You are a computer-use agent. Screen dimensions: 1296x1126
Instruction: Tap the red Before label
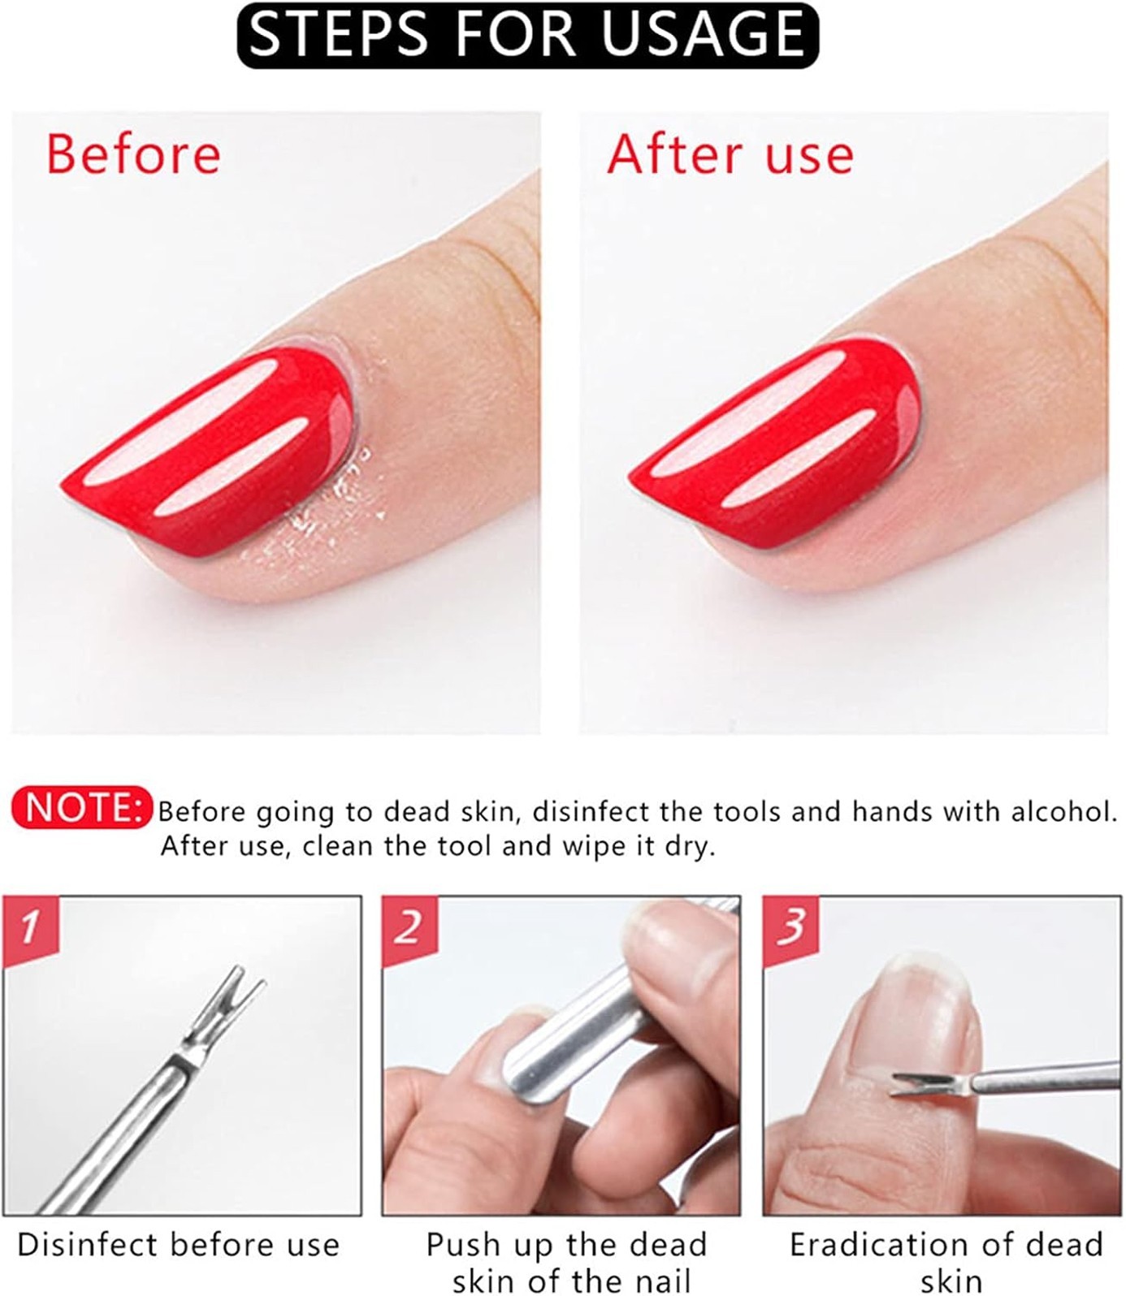pos(133,153)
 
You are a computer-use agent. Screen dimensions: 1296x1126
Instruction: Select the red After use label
pos(730,153)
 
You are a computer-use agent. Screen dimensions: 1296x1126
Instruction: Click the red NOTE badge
pos(81,807)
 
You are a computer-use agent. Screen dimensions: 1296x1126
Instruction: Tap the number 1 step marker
pos(29,926)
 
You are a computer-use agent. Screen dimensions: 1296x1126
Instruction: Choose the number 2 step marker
pos(408,926)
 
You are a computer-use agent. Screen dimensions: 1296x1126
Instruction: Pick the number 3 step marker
pos(790,926)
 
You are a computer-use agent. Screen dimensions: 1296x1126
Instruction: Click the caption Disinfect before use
pos(179,1244)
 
